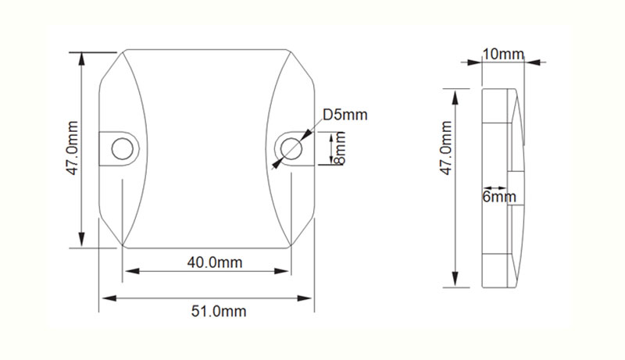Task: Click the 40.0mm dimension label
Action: point(215,262)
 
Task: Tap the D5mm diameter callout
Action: point(345,116)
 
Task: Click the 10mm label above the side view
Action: point(502,54)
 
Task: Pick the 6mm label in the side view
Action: point(499,198)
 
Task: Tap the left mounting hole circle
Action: point(121,147)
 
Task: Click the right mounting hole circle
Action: point(291,146)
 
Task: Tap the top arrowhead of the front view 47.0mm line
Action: point(81,57)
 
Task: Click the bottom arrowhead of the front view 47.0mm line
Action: point(81,242)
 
